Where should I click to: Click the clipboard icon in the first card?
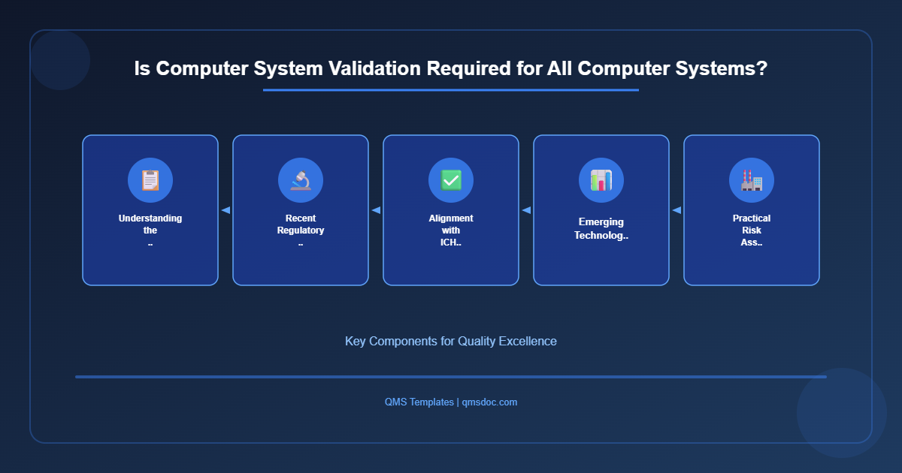(150, 180)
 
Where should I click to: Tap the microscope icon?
(301, 180)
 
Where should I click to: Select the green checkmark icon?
(451, 180)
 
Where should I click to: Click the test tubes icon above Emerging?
(601, 180)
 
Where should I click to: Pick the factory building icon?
(752, 180)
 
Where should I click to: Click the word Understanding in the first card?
(150, 218)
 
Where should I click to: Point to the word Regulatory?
(301, 230)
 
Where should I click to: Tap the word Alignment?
(451, 218)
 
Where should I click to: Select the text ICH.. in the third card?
(451, 243)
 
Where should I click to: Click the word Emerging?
(601, 222)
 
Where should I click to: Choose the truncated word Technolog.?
(601, 235)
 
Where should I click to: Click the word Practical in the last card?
(752, 218)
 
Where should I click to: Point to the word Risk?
(752, 230)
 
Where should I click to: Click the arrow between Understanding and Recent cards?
(225, 210)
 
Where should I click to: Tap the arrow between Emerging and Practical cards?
(676, 210)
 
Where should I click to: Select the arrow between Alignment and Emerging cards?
(526, 210)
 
